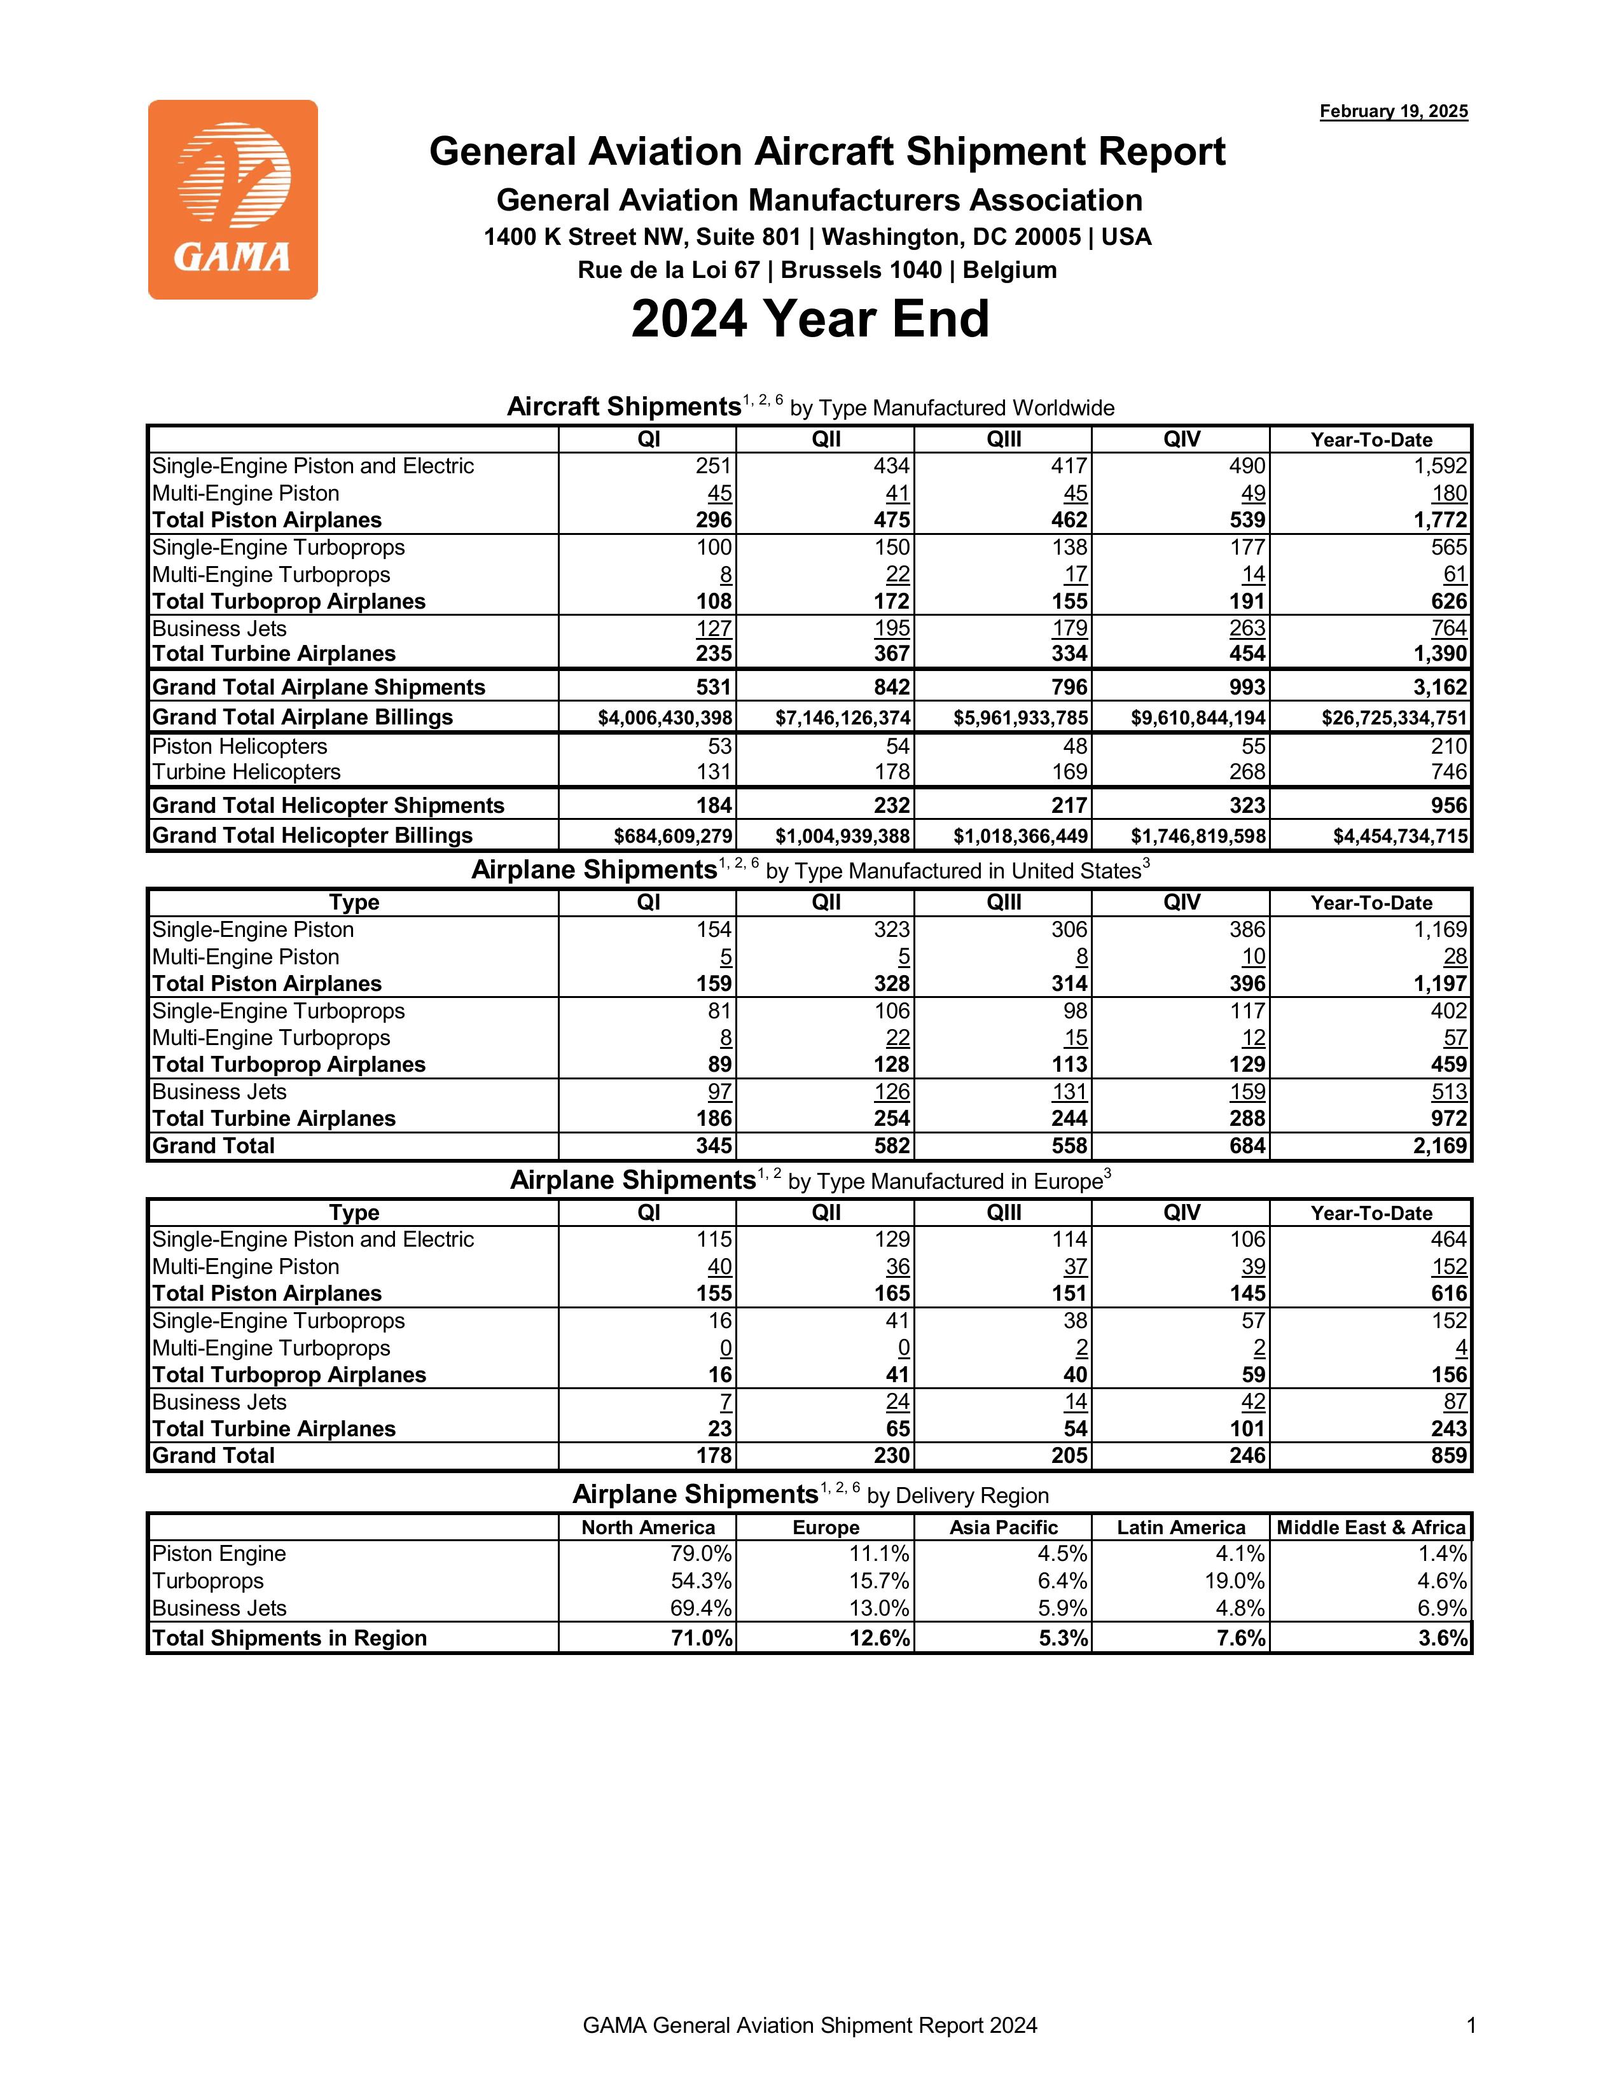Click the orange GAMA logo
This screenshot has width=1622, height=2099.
[x=233, y=200]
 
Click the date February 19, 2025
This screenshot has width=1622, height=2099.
[x=1393, y=111]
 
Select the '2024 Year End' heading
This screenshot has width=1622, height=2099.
[x=810, y=319]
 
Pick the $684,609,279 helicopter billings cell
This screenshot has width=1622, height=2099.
[x=672, y=836]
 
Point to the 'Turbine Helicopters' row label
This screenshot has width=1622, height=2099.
[x=246, y=772]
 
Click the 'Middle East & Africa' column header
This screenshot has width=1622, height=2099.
[x=1371, y=1527]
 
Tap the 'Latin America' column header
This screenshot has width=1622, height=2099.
[x=1181, y=1527]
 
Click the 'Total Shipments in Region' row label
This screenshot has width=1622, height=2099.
[x=289, y=1638]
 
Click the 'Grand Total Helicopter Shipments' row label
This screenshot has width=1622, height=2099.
[x=328, y=805]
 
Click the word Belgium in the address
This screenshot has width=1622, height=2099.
[x=1009, y=270]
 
